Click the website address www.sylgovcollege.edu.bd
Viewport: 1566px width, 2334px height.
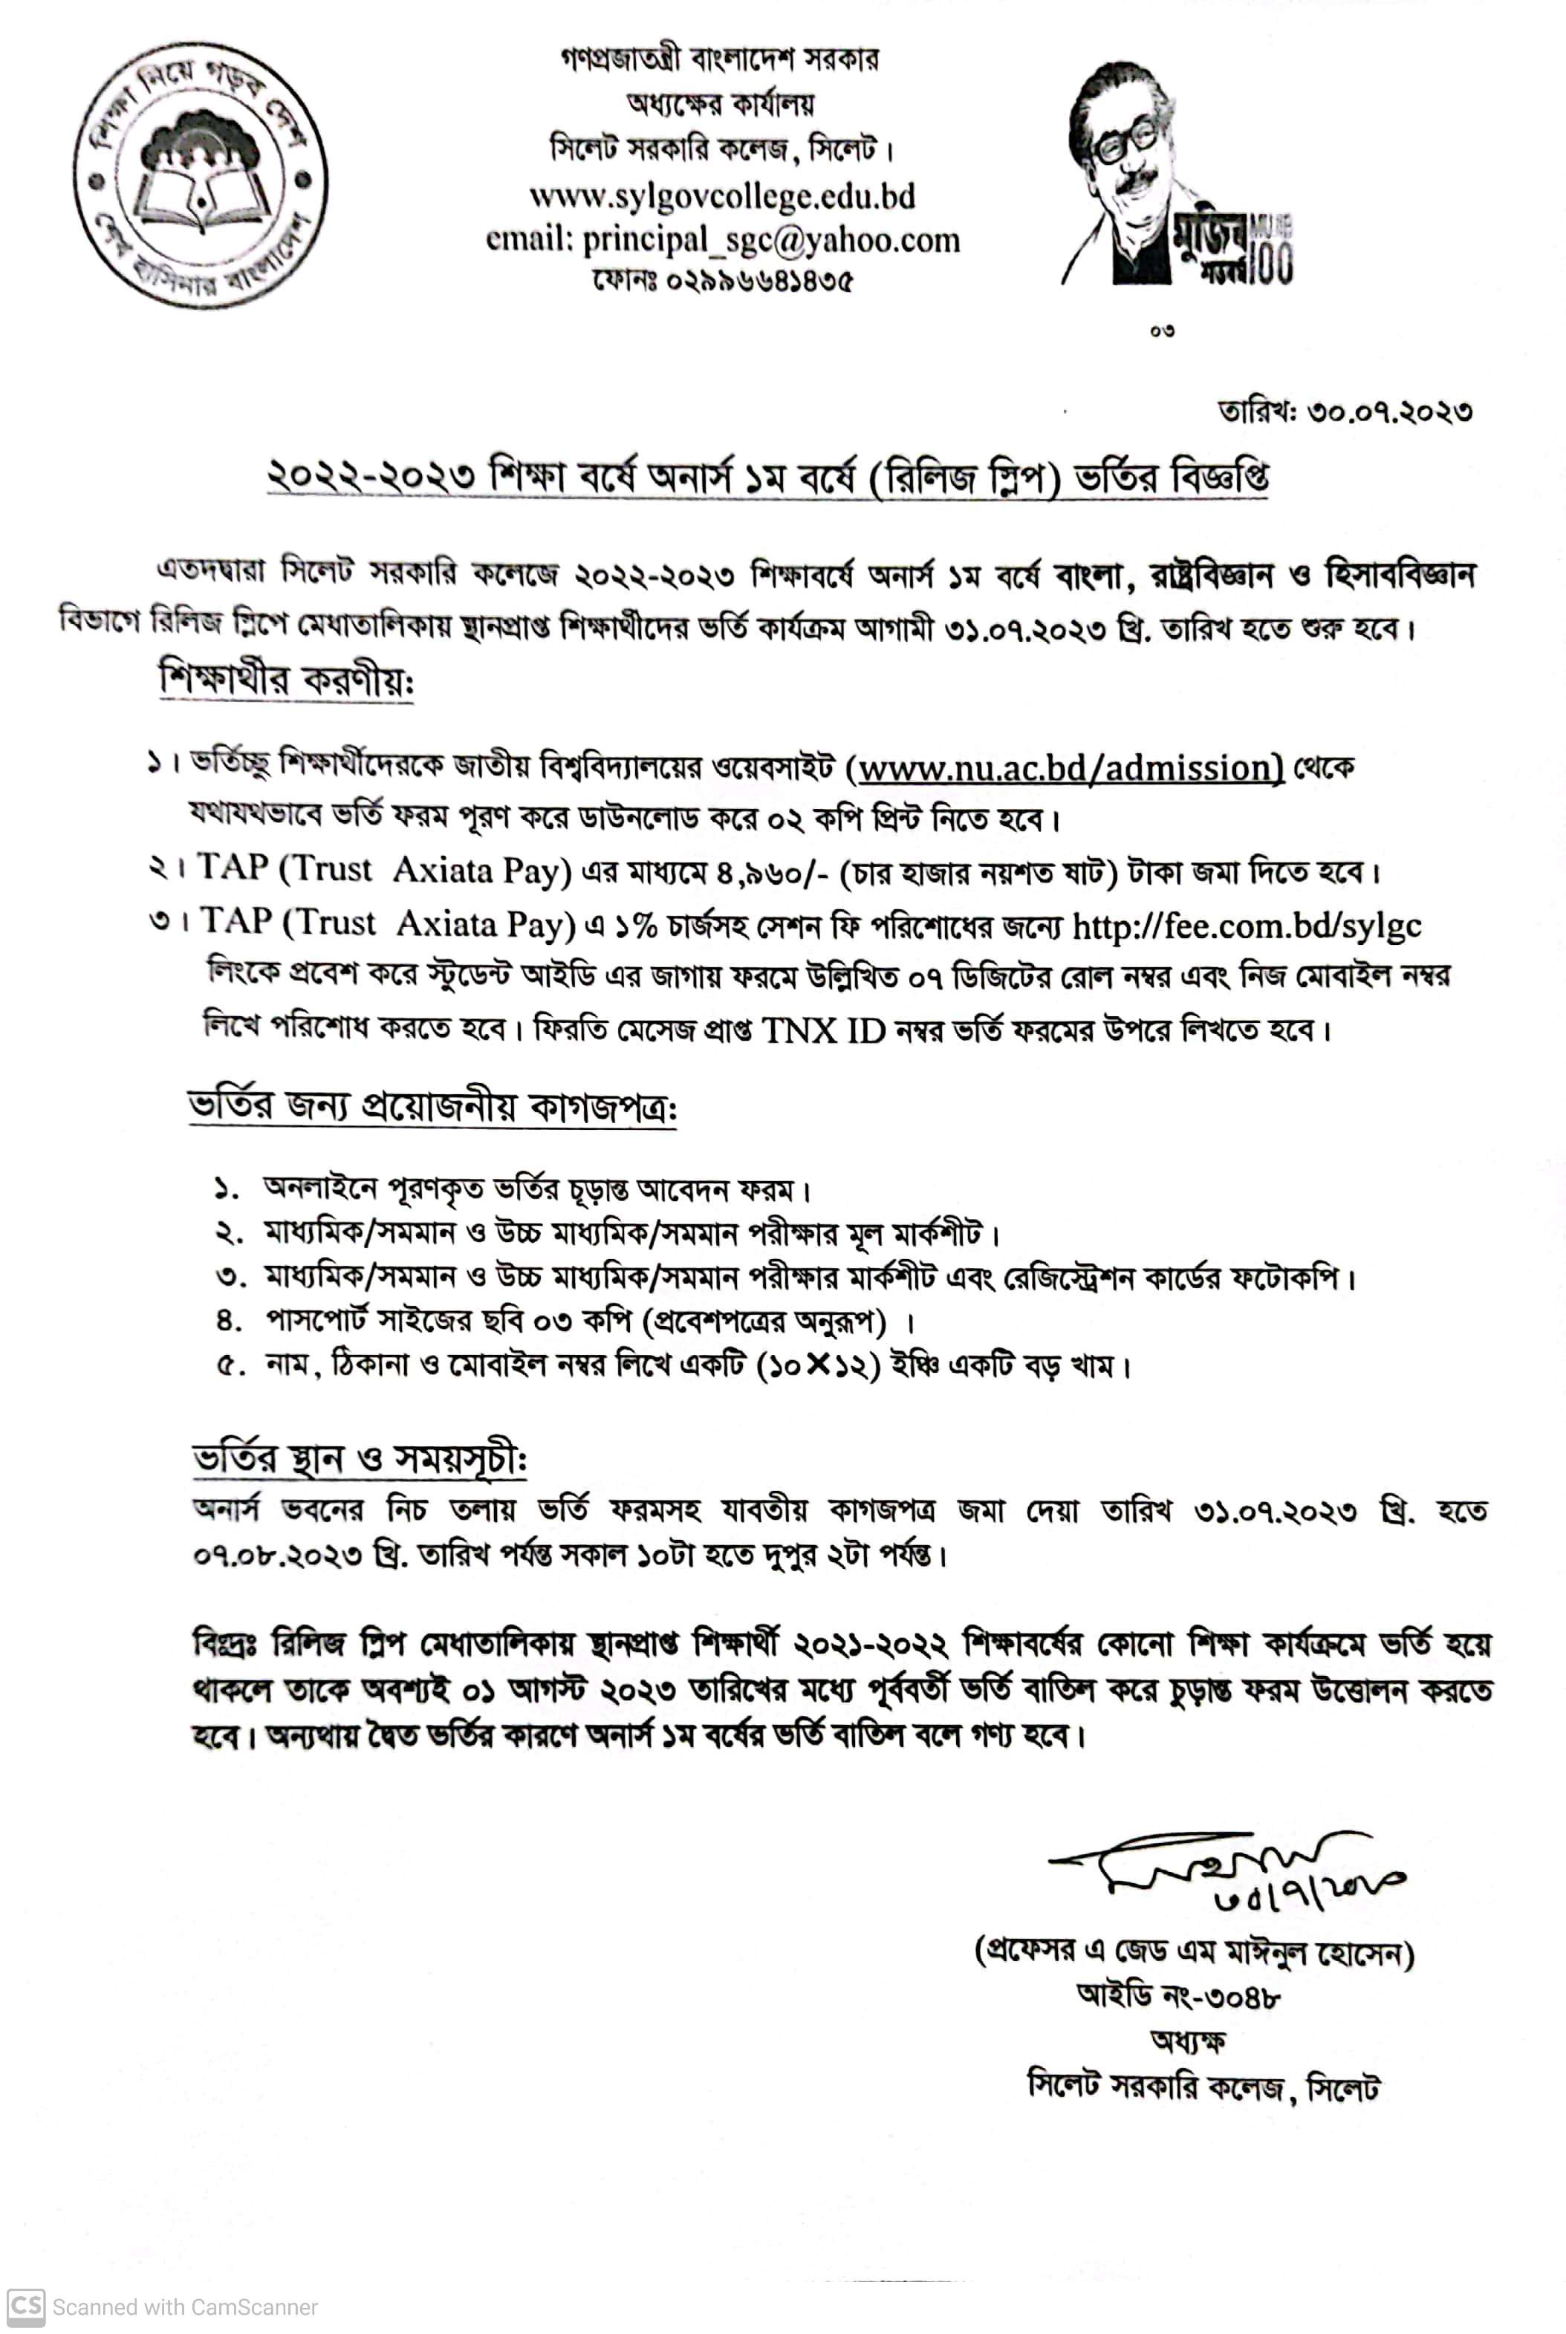[x=721, y=196]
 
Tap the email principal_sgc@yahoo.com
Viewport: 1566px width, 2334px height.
[x=722, y=240]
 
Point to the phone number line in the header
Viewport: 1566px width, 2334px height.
[x=722, y=281]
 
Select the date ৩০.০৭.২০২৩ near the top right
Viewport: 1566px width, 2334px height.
[x=1389, y=411]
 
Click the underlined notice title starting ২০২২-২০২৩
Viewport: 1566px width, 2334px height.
[x=767, y=478]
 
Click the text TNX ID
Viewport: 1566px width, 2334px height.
[x=824, y=1030]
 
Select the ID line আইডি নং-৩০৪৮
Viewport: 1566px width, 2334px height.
[x=1178, y=1997]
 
